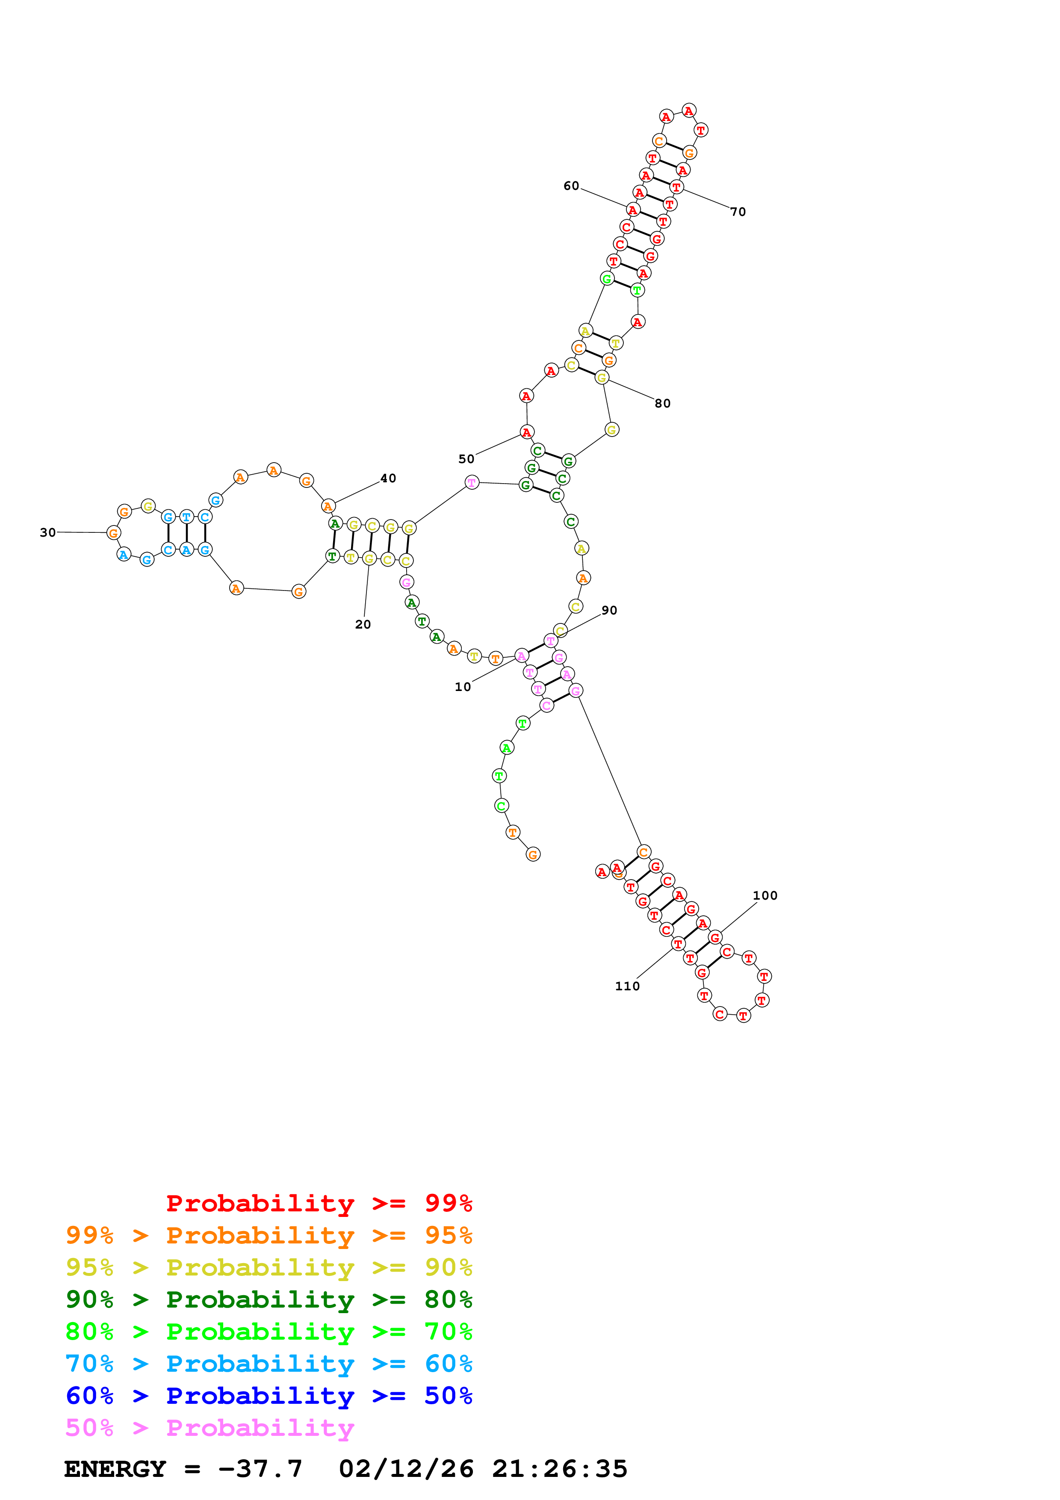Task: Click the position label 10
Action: (462, 687)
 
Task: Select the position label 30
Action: (48, 532)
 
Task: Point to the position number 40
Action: (388, 478)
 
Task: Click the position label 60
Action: (571, 186)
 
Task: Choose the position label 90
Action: (609, 610)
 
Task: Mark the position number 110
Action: (627, 986)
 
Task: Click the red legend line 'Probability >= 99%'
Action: (319, 1203)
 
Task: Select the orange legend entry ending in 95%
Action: (269, 1235)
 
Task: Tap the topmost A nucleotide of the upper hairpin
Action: (689, 110)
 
